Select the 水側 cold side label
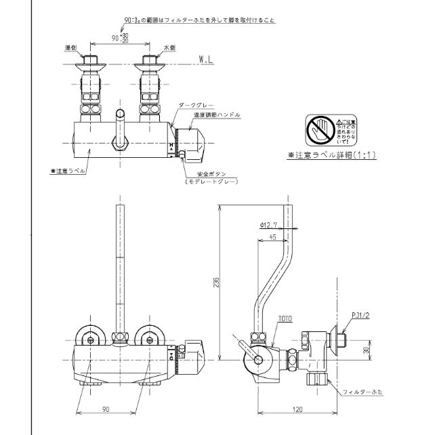pyautogui.click(x=170, y=48)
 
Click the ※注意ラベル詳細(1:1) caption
pyautogui.click(x=331, y=155)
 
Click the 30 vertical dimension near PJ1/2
pyautogui.click(x=367, y=350)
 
